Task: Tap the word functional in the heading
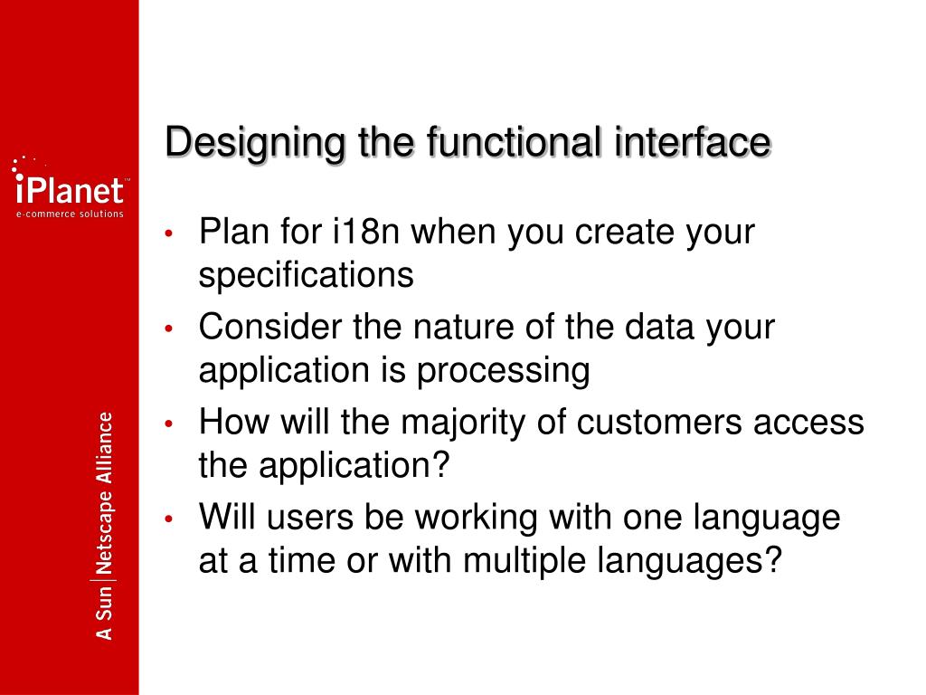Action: [x=504, y=143]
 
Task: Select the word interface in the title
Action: [x=693, y=143]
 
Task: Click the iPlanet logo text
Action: [x=70, y=191]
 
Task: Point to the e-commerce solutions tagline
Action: [x=70, y=214]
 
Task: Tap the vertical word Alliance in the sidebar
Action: [x=106, y=444]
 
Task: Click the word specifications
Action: [x=306, y=275]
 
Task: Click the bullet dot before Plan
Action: [x=170, y=233]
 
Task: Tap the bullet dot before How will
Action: [x=170, y=424]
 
